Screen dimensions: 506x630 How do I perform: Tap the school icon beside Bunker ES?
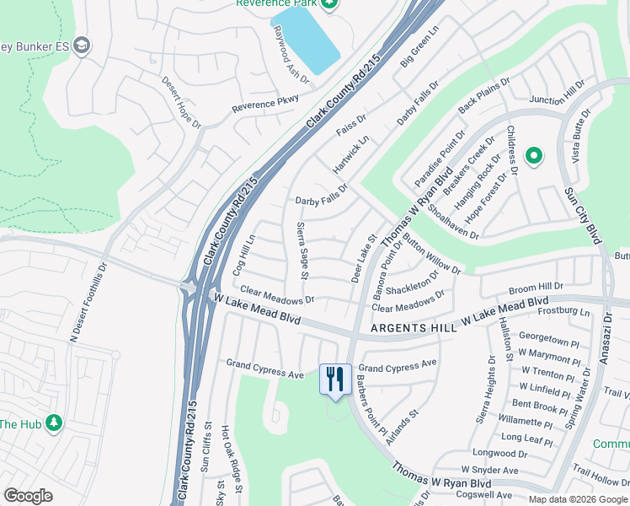(82, 46)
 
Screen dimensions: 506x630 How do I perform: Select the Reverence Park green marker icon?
(329, 3)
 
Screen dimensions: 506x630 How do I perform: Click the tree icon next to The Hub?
(55, 423)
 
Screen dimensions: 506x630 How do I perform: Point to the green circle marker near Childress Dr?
(533, 156)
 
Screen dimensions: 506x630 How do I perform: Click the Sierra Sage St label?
(302, 251)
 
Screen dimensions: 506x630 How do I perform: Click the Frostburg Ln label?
(566, 312)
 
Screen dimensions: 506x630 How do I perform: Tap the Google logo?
(29, 496)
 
